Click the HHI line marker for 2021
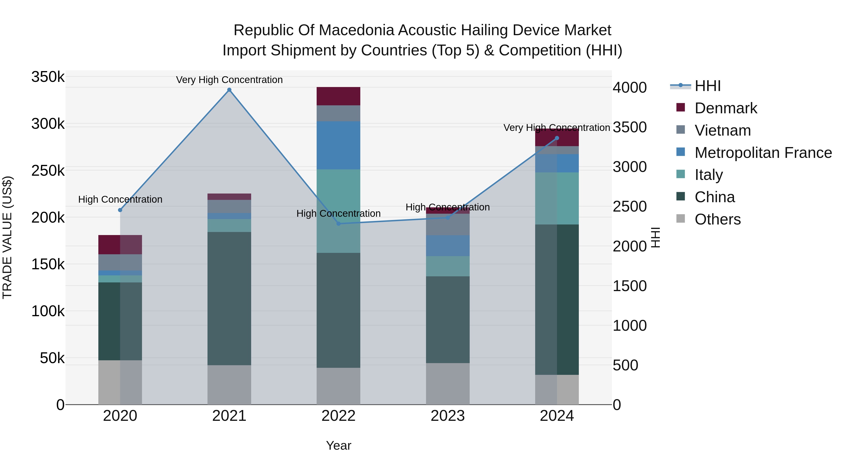click(229, 90)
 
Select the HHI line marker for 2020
click(120, 210)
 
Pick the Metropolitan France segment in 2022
click(338, 145)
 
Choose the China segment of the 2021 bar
click(229, 298)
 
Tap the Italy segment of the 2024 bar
click(557, 198)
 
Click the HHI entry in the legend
click(707, 86)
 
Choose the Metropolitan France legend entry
click(763, 153)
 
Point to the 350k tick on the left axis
click(48, 77)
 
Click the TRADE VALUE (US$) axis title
click(7, 237)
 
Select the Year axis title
click(338, 445)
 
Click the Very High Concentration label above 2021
click(229, 80)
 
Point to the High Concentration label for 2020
click(120, 199)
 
